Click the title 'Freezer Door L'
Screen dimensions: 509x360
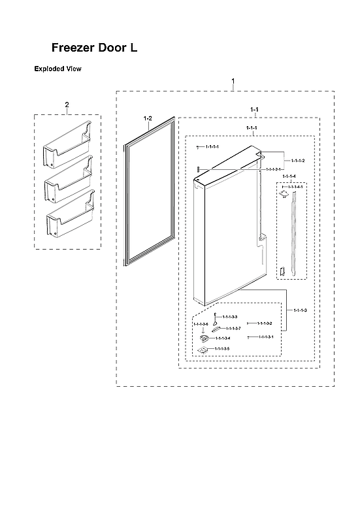pyautogui.click(x=94, y=48)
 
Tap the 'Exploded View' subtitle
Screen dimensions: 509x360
pyautogui.click(x=57, y=69)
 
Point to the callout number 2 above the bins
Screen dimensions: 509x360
pyautogui.click(x=67, y=105)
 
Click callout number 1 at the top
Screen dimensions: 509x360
pyautogui.click(x=234, y=81)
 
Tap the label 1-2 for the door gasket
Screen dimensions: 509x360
pyautogui.click(x=148, y=118)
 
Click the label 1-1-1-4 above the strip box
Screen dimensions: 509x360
pyautogui.click(x=289, y=177)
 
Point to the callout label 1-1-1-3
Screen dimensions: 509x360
pyautogui.click(x=301, y=309)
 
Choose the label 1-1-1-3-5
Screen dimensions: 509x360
pyautogui.click(x=222, y=349)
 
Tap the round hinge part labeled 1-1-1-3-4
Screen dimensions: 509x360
pyautogui.click(x=204, y=338)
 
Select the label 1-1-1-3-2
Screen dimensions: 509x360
pyautogui.click(x=264, y=323)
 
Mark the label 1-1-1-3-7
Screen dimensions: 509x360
pyautogui.click(x=233, y=328)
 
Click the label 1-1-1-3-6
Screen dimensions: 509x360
pyautogui.click(x=201, y=324)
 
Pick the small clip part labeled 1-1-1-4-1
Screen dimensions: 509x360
pyautogui.click(x=284, y=193)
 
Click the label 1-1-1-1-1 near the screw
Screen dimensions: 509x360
pyautogui.click(x=212, y=148)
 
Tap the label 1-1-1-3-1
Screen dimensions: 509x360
pyautogui.click(x=264, y=337)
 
